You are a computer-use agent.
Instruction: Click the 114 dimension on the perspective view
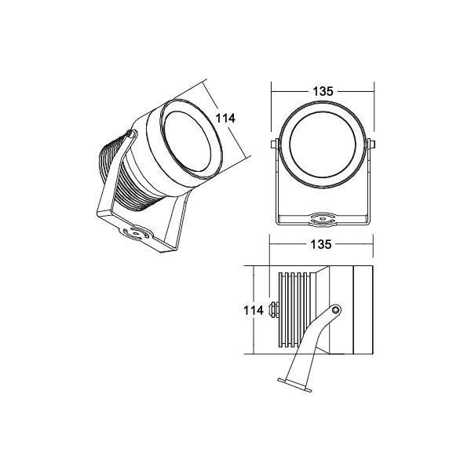[x=225, y=119]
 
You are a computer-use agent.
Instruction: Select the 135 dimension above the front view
[x=323, y=91]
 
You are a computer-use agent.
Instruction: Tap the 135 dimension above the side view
[x=321, y=244]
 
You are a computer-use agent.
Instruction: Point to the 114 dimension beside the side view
[x=254, y=310]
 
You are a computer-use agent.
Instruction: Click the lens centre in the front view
[x=323, y=144]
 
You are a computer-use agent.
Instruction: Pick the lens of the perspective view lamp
[x=188, y=141]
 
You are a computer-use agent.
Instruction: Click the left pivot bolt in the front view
[x=273, y=144]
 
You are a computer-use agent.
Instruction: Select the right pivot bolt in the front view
[x=372, y=144]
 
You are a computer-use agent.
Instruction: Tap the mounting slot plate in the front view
[x=323, y=219]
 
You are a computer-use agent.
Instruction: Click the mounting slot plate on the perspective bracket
[x=136, y=233]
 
